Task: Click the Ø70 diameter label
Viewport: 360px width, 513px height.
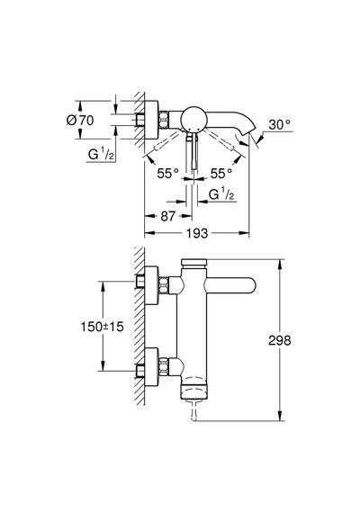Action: [x=80, y=120]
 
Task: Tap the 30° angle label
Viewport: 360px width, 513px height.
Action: [x=280, y=124]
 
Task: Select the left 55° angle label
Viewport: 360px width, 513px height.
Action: [x=168, y=173]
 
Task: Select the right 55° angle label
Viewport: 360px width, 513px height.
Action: [x=221, y=173]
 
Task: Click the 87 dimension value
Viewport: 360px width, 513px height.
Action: [x=168, y=216]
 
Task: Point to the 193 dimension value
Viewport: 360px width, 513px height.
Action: [x=197, y=233]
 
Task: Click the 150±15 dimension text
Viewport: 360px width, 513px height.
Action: [x=102, y=326]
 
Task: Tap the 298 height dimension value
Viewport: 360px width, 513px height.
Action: [x=280, y=340]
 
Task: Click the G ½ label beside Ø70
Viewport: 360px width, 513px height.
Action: [x=101, y=154]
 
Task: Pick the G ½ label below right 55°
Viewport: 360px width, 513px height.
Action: [x=222, y=194]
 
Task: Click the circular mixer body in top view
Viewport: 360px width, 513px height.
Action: [x=194, y=119]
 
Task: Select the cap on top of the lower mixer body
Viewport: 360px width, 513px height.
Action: [x=193, y=262]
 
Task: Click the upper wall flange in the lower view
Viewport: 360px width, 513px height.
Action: [x=151, y=285]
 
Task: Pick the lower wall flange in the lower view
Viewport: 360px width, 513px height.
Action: [x=151, y=366]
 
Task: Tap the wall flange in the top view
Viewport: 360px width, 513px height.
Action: [x=151, y=120]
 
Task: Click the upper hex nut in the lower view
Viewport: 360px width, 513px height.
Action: [x=164, y=285]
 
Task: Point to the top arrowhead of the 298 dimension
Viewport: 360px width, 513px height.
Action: [x=280, y=264]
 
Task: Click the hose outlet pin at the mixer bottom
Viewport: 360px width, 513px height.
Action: [x=193, y=411]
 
